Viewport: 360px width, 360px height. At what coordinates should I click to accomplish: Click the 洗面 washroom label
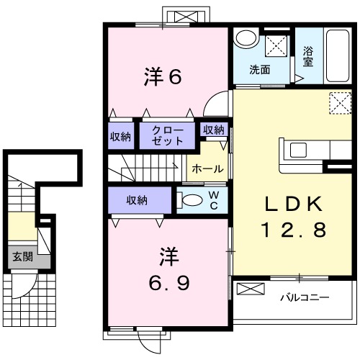(260, 70)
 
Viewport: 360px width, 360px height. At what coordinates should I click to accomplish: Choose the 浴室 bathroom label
(308, 57)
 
